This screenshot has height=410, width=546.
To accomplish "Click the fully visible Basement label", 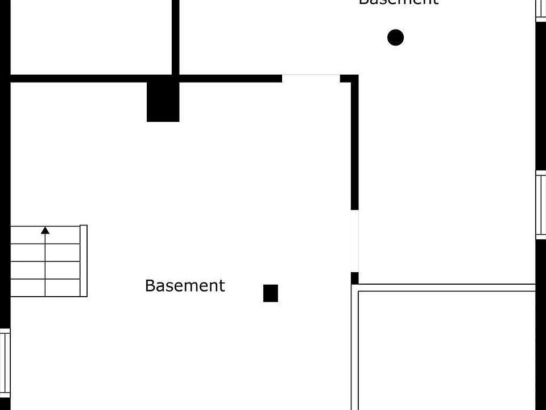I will click(x=185, y=285).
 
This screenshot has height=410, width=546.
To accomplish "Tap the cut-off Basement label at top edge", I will click(x=398, y=2).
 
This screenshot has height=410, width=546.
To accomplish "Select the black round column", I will click(x=395, y=38).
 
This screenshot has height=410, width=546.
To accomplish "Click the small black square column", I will click(x=271, y=293).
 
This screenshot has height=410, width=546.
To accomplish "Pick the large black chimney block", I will click(x=163, y=101).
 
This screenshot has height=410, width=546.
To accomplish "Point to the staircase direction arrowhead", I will click(x=45, y=231).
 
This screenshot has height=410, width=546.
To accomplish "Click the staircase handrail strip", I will click(x=84, y=261).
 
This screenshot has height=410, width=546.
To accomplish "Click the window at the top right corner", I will click(x=541, y=10).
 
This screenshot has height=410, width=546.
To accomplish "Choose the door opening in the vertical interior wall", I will click(x=355, y=241).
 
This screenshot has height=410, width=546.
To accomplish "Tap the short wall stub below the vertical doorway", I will click(x=355, y=278).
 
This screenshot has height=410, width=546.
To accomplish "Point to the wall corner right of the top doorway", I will click(x=350, y=79).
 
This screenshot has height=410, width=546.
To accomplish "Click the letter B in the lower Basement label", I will click(x=150, y=285).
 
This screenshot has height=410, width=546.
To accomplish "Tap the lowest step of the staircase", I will click(x=45, y=288).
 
